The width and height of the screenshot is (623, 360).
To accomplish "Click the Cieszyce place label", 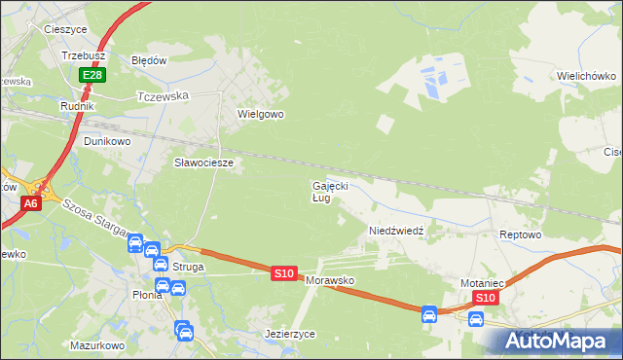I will click(66, 29).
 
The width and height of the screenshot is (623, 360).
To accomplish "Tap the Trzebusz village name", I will click(83, 56).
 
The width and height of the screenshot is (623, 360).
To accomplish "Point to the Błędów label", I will click(150, 59).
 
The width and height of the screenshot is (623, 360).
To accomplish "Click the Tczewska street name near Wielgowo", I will click(163, 96).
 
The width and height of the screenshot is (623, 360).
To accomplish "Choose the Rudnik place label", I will click(77, 106).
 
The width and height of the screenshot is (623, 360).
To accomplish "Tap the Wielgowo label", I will click(260, 114).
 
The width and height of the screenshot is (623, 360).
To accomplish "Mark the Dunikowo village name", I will click(107, 141).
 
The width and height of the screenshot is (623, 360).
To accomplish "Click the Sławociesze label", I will click(203, 162).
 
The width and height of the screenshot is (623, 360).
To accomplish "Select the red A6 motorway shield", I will click(31, 202).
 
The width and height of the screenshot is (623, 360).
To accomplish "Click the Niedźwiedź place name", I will click(395, 231).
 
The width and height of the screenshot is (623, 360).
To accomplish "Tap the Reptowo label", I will click(519, 235).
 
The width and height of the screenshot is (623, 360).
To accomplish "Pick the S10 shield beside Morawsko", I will click(283, 274).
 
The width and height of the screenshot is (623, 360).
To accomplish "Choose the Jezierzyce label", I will click(290, 333).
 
